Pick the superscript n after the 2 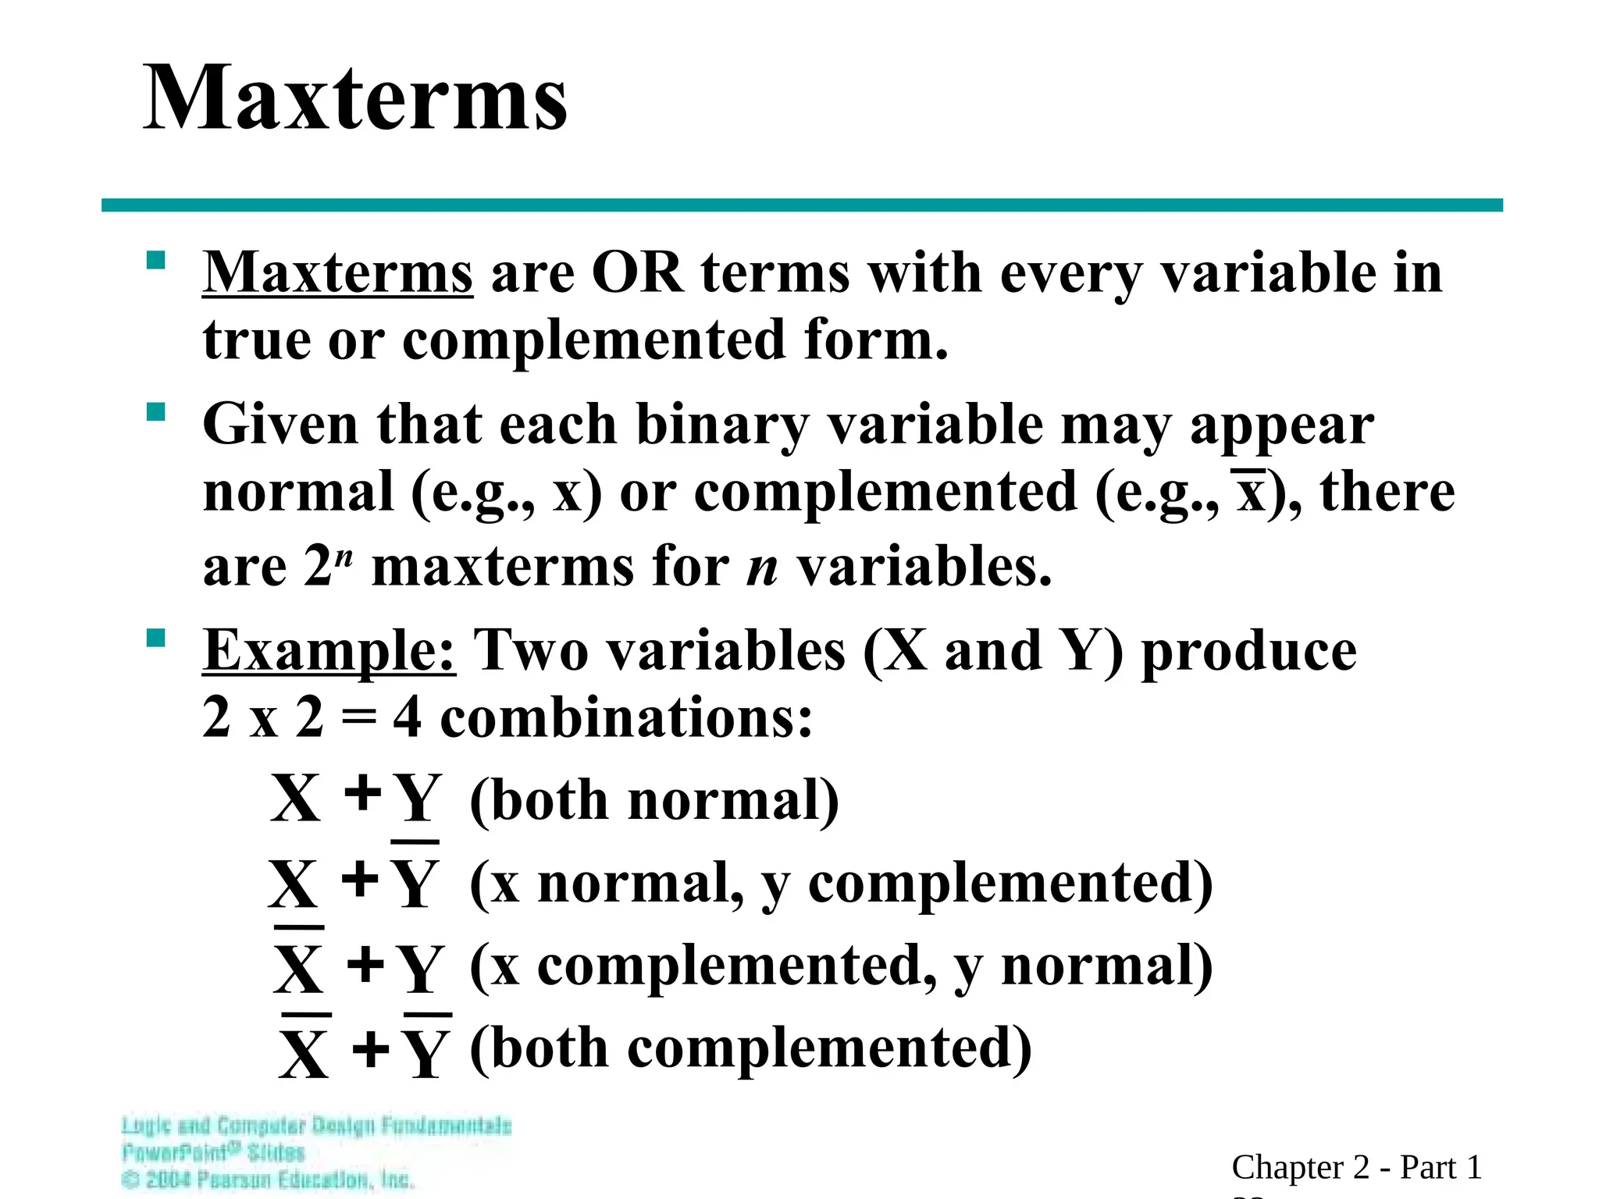[346, 557]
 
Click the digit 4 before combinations [407, 717]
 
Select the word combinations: [626, 717]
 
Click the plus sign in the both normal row [363, 794]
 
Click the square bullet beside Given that [156, 411]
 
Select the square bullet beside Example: [156, 639]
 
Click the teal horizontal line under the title [802, 205]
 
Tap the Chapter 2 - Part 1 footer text [1356, 1168]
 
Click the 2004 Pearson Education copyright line [268, 1179]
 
